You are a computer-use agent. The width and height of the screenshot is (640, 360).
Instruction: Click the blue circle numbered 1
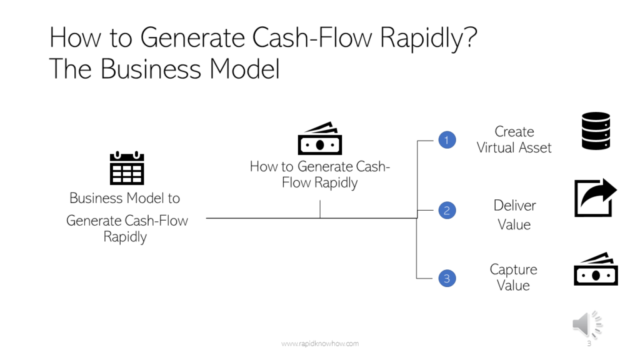(446, 140)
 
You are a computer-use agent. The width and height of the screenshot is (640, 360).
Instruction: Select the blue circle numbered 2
(446, 211)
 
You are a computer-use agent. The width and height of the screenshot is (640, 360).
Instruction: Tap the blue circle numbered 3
(446, 279)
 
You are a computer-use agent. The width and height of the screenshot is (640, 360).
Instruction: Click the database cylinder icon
(596, 131)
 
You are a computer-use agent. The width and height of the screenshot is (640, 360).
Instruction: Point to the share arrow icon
(595, 198)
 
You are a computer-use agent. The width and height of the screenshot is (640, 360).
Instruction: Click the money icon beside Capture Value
(596, 269)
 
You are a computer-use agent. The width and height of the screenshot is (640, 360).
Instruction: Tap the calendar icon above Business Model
(127, 167)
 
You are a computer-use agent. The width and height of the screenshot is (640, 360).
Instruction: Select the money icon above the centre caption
(320, 139)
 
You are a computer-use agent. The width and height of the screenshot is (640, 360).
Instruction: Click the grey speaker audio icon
(587, 324)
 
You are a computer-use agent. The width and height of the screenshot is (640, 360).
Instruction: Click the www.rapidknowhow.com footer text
(320, 344)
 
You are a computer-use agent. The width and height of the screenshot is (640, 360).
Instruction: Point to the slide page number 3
(589, 344)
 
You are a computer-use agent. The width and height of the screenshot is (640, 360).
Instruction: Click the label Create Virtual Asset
(514, 140)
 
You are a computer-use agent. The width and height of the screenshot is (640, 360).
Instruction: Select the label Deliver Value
(514, 214)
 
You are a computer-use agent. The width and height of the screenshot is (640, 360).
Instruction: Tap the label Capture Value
(513, 277)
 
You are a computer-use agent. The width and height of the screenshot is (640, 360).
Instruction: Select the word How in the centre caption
(263, 167)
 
